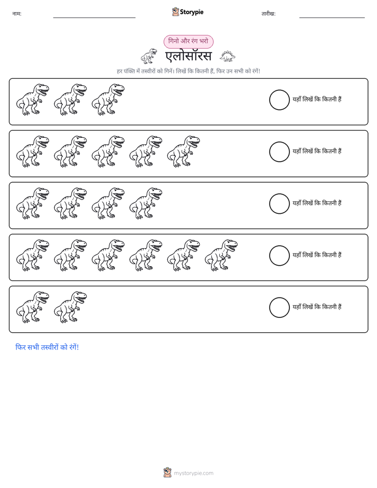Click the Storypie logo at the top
187,12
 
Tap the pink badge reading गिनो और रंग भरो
188,41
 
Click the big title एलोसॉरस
188,57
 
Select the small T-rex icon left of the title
149,56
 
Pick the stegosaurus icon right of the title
228,56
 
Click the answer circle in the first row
279,100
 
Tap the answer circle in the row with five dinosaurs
279,152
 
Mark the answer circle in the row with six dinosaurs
279,256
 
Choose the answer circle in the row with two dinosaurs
279,307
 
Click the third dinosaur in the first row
108,100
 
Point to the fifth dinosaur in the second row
183,152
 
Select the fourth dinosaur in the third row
146,203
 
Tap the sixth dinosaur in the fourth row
221,256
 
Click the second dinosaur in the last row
70,307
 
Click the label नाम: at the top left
17,14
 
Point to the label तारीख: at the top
268,14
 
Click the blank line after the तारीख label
332,18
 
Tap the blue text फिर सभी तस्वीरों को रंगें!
47,347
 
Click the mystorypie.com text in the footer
193,473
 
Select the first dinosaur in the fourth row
33,256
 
